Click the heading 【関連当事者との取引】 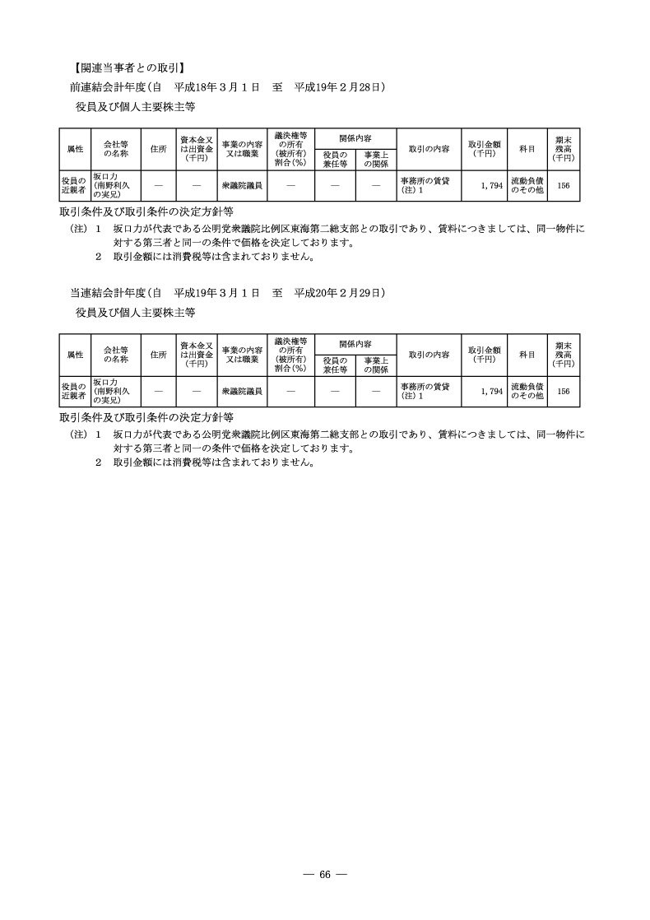point(128,67)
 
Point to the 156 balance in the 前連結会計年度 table point(563,186)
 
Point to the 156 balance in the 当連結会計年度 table point(563,392)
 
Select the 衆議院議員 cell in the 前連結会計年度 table point(242,186)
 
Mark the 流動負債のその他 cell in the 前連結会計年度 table point(527,186)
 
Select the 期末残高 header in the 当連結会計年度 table point(563,354)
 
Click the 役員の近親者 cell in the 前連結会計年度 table point(74,186)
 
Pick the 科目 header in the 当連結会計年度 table point(527,354)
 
